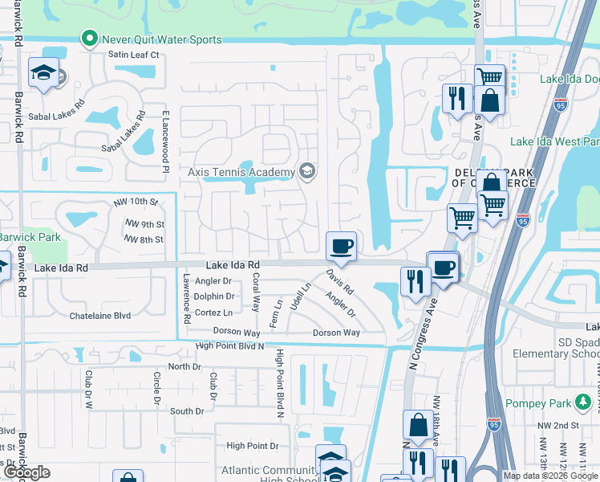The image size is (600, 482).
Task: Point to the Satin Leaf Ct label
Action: tap(134, 55)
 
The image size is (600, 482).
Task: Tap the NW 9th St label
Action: tap(144, 224)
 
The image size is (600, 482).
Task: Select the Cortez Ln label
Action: tap(214, 312)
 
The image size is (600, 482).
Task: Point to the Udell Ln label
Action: tap(305, 297)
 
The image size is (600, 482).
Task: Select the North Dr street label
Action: tap(184, 366)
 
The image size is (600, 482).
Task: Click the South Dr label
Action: tap(187, 411)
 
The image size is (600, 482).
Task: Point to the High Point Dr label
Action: tap(252, 445)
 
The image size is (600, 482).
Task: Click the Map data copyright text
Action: tap(550, 476)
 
